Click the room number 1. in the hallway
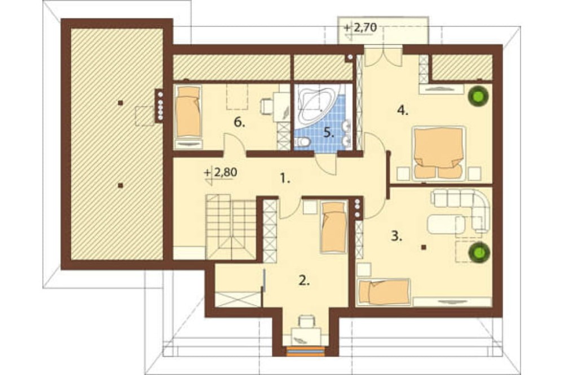click(285, 178)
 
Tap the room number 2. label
click(304, 280)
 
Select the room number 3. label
click(396, 236)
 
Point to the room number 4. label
click(403, 110)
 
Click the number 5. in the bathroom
click(329, 132)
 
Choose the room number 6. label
click(239, 122)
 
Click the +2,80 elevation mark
click(221, 173)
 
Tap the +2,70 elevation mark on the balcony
click(360, 28)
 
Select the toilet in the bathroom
click(302, 142)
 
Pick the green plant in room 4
click(479, 96)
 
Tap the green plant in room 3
click(479, 252)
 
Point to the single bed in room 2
click(334, 227)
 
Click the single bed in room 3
click(384, 292)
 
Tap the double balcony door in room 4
click(383, 58)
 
